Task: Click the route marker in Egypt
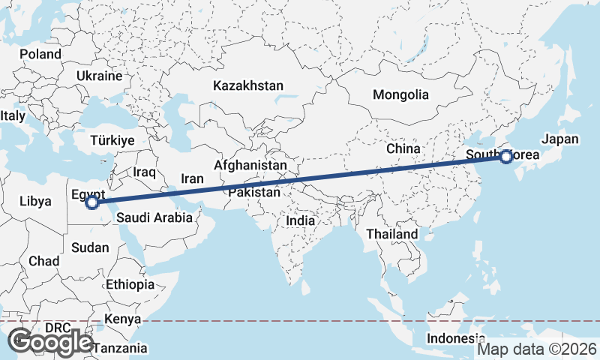click(x=91, y=202)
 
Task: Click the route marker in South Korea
click(x=506, y=157)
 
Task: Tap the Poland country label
click(x=40, y=55)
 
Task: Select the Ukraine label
click(x=98, y=76)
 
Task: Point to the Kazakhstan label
click(x=247, y=85)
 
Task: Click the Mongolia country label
click(x=400, y=94)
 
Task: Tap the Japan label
click(x=560, y=139)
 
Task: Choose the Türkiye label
click(x=112, y=140)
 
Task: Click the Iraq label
click(x=144, y=172)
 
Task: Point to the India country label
click(x=300, y=221)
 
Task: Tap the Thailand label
click(x=391, y=234)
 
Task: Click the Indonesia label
click(x=451, y=338)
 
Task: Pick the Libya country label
click(x=35, y=201)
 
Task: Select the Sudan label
click(x=89, y=247)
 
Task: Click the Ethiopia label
click(x=130, y=284)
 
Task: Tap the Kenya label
click(x=123, y=319)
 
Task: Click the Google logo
click(x=52, y=342)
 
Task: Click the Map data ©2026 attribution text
click(x=537, y=349)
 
